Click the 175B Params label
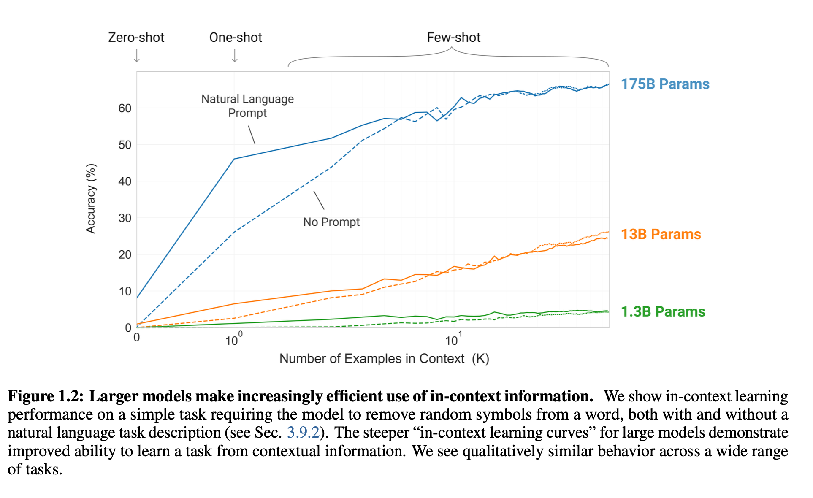(x=665, y=84)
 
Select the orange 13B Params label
(x=661, y=234)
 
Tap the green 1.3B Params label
(x=663, y=311)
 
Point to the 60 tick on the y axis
(x=125, y=108)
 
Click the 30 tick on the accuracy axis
(x=125, y=218)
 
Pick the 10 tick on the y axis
(x=125, y=291)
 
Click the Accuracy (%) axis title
(x=91, y=198)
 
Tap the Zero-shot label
(x=136, y=37)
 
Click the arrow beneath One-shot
(x=235, y=56)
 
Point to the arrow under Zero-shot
(x=137, y=56)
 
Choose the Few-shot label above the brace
(x=453, y=37)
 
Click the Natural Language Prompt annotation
(x=247, y=106)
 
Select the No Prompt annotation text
(x=331, y=222)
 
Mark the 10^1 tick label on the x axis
(x=453, y=339)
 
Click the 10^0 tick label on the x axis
(x=233, y=339)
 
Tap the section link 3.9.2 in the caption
(x=303, y=433)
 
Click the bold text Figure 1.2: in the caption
(x=46, y=396)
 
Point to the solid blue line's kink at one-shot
(x=234, y=159)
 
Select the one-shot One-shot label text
(x=236, y=37)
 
